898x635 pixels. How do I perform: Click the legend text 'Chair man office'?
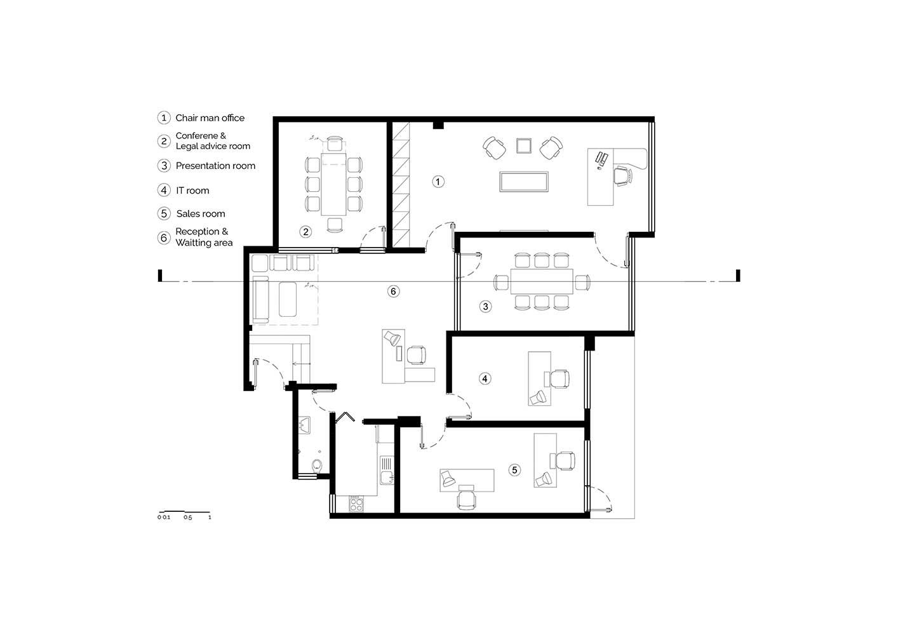(210, 118)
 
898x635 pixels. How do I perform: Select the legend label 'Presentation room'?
(215, 166)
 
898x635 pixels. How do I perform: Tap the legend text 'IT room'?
(192, 190)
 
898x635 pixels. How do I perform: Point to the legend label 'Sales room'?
(201, 213)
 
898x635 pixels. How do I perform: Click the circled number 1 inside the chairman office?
(438, 182)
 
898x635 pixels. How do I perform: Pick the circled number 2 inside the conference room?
(305, 231)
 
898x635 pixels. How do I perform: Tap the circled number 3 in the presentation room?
(485, 307)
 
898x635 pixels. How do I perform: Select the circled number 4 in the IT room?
(485, 378)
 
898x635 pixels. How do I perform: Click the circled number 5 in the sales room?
(514, 470)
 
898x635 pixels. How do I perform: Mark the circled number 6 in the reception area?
(393, 291)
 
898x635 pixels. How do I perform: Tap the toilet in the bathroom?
(317, 465)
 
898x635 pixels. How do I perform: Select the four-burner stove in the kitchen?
(356, 504)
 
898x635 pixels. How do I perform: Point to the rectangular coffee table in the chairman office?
(523, 182)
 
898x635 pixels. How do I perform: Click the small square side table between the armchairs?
(523, 145)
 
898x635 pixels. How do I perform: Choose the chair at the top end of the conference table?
(334, 144)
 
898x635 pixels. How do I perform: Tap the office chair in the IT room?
(558, 379)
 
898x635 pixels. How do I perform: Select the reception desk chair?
(416, 355)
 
